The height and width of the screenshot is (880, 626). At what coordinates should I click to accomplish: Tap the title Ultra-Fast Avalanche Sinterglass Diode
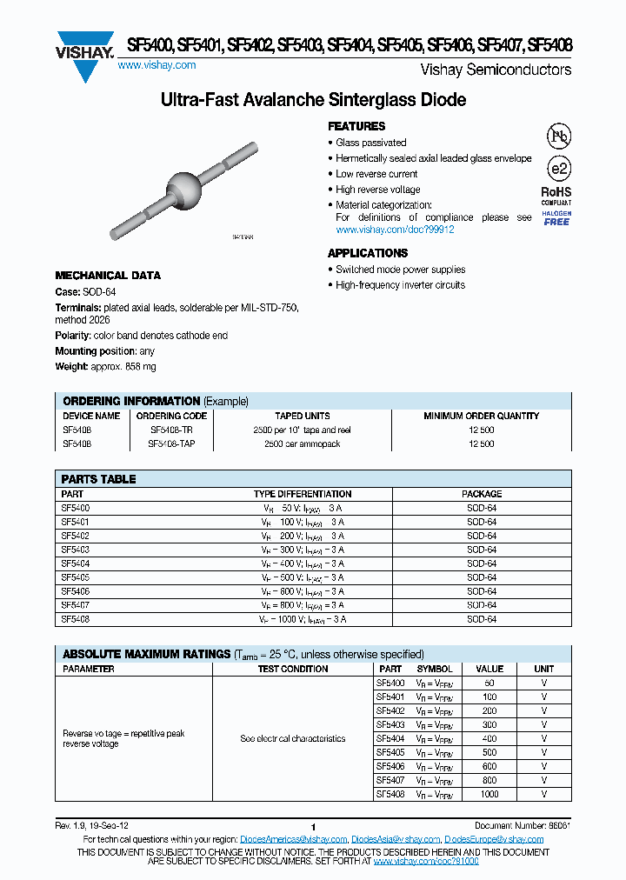313,100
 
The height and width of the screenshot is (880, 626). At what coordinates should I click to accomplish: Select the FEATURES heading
356,126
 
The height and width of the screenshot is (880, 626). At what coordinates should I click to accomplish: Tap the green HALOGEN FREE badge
556,218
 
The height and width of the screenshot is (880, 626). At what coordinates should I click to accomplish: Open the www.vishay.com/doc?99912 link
395,230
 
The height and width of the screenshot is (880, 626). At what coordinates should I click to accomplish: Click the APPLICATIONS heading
368,253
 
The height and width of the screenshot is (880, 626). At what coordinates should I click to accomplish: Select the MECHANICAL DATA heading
108,276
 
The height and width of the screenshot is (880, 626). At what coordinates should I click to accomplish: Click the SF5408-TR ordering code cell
171,430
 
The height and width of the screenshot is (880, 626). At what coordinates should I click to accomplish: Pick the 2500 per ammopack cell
302,443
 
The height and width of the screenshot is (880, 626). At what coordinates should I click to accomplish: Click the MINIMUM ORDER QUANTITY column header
481,416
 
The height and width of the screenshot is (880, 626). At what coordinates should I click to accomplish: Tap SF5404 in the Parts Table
76,563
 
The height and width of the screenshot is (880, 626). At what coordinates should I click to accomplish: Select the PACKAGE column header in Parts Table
481,494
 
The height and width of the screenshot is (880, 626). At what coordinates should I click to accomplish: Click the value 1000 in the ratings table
489,794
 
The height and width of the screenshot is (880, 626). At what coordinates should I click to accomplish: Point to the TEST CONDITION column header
293,669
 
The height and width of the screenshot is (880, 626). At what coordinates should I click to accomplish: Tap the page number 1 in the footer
312,827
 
